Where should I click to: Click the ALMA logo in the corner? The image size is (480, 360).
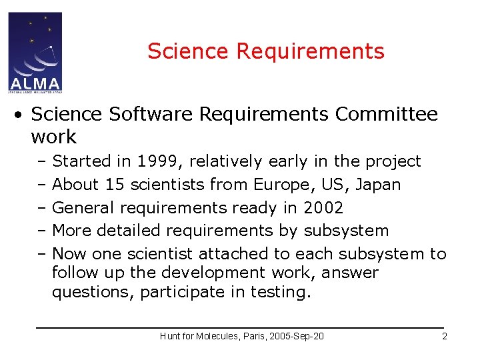click(x=35, y=51)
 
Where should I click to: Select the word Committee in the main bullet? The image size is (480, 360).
click(x=387, y=114)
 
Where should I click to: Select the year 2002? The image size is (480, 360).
click(x=323, y=207)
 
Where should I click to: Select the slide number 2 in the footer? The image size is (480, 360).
click(x=445, y=336)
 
